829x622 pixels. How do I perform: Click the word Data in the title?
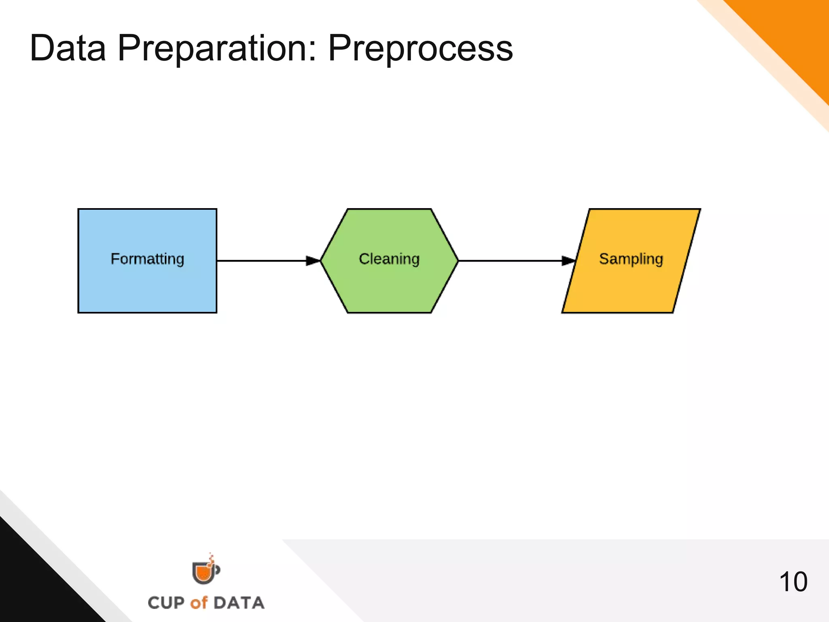pos(68,48)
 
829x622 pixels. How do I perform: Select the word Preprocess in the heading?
pos(420,48)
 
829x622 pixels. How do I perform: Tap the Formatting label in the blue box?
pos(147,259)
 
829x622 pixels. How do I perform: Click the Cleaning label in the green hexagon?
pos(389,259)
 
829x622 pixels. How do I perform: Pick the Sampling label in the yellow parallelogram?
pos(631,259)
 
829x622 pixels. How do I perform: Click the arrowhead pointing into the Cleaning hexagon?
pos(313,261)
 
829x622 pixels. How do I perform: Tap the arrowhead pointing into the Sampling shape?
pos(568,261)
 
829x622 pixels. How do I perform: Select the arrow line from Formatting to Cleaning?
pos(261,261)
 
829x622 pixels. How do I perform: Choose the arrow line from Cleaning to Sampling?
pos(510,261)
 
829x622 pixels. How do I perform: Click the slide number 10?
pos(793,582)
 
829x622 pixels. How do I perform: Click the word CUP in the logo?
pos(166,603)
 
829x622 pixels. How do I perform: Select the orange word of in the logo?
pos(199,603)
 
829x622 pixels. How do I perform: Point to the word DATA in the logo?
pos(239,603)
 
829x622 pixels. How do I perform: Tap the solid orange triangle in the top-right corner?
pos(793,36)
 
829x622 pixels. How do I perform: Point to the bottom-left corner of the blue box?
pos(79,312)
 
